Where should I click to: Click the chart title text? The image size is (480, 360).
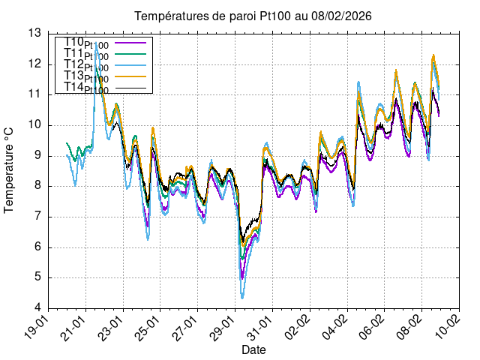253,16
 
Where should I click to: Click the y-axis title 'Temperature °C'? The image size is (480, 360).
10,170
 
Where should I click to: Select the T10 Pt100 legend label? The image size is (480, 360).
87,43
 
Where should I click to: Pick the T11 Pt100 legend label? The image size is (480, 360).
87,55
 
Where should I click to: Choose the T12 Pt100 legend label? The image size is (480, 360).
87,66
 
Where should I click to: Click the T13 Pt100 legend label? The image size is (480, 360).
87,77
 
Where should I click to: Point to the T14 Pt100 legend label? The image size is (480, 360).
87,88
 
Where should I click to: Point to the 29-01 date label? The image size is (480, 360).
225,327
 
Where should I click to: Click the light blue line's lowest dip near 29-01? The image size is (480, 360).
242,298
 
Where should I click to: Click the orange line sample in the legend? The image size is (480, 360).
133,77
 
